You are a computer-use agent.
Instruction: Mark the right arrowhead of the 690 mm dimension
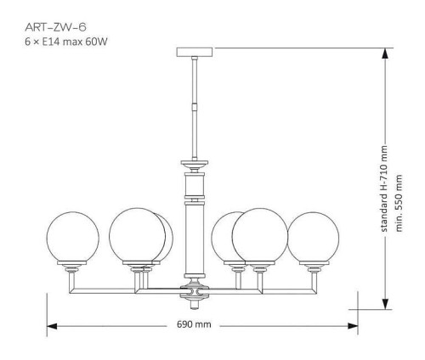pyautogui.click(x=350, y=325)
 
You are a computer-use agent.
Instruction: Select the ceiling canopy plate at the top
pyautogui.click(x=196, y=51)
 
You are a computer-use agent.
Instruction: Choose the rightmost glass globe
pyautogui.click(x=315, y=237)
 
